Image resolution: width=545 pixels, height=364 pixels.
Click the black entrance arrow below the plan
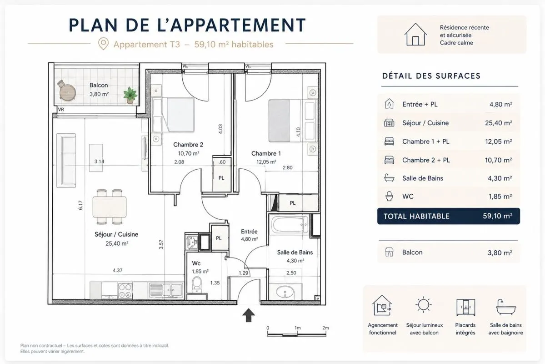(248, 315)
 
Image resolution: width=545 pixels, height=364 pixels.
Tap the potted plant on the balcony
(130, 95)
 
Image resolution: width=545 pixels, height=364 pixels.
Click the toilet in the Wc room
(197, 285)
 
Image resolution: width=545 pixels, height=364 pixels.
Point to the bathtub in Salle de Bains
(290, 225)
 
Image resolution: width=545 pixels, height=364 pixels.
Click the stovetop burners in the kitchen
(125, 291)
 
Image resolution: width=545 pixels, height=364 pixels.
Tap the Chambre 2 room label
(188, 145)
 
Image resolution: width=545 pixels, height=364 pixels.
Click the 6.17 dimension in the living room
(80, 205)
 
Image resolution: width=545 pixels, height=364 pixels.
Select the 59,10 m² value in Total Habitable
(497, 216)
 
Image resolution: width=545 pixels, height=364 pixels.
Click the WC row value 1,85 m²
(500, 197)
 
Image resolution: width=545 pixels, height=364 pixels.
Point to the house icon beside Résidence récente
(415, 34)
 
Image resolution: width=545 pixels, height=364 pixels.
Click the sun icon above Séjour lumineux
(423, 305)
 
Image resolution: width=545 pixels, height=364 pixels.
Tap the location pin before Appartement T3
(103, 44)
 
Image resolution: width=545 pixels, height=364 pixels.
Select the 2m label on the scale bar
(325, 328)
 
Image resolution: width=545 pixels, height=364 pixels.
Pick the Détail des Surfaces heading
(431, 76)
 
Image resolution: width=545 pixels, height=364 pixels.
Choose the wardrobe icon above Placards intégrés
(465, 307)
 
